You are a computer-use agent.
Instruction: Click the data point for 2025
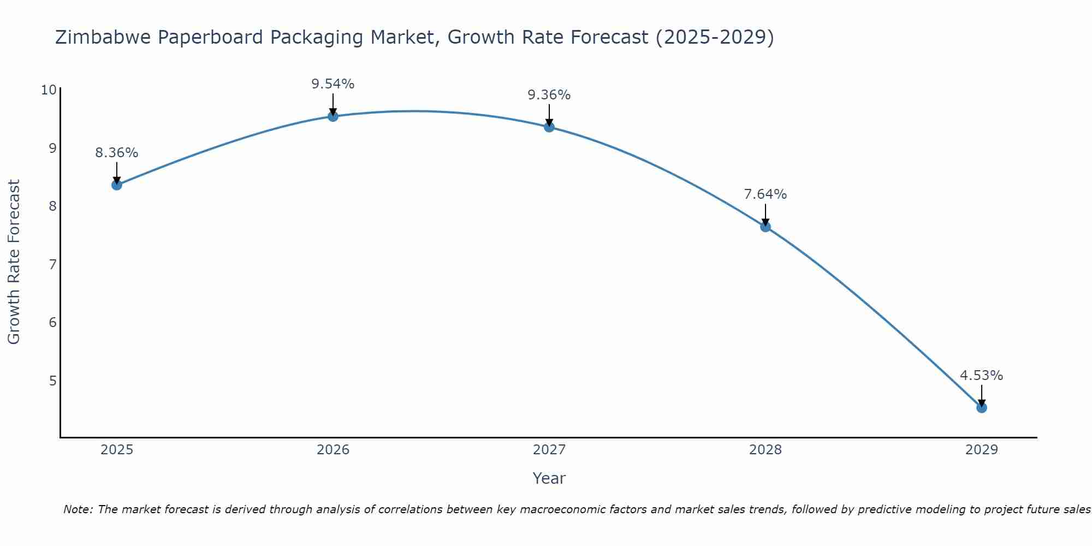(117, 185)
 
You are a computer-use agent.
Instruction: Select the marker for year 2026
(333, 116)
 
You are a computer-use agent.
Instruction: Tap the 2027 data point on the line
(549, 127)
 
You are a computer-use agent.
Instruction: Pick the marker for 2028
(765, 227)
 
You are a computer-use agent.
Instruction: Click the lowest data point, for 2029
(982, 408)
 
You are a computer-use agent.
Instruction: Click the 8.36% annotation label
(117, 153)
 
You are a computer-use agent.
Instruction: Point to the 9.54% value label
(333, 84)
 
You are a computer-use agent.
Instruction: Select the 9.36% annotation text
(549, 95)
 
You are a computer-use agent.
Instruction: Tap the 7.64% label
(765, 194)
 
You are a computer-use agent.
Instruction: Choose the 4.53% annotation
(982, 376)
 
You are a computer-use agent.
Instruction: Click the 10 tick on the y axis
(49, 90)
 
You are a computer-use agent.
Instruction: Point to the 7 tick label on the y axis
(52, 265)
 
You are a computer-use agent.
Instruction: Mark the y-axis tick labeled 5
(52, 381)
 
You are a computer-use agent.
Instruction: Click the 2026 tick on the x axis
(333, 450)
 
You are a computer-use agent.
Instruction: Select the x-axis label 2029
(982, 450)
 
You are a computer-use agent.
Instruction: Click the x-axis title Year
(549, 478)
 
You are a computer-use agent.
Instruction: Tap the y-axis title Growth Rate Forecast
(14, 262)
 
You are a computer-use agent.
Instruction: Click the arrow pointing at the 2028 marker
(765, 215)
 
